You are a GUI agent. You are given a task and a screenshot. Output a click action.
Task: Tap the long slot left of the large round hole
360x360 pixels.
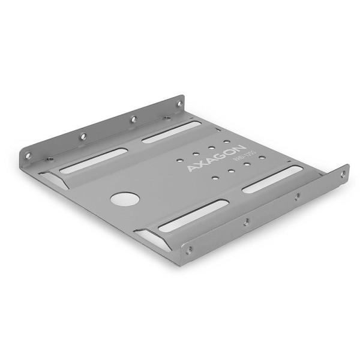(93, 160)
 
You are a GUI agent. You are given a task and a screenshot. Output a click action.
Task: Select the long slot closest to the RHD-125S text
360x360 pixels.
(274, 179)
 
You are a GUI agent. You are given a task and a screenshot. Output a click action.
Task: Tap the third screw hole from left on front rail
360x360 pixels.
(296, 196)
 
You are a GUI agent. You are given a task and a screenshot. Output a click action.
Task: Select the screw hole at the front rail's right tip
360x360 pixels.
(343, 174)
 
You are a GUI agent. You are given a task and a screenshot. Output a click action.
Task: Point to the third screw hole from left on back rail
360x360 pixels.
(133, 119)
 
